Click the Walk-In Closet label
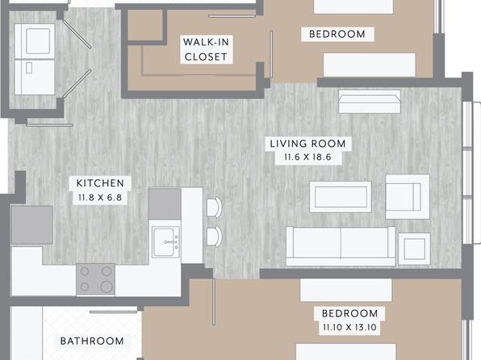coord(206,49)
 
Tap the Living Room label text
coord(307,144)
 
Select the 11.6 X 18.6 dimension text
coord(307,157)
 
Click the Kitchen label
coord(100,183)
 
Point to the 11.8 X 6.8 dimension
coord(100,197)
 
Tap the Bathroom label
coord(92,341)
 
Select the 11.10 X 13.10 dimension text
coord(349,327)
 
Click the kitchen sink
coord(166,242)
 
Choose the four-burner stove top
coord(96,279)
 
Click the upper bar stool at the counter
coord(214,207)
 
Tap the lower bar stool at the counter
coord(214,236)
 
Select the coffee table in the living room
coord(341,197)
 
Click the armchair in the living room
coord(408,197)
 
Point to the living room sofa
coord(341,246)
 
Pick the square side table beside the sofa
coord(415,249)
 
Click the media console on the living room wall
coord(370,102)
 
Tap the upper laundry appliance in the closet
coord(35,41)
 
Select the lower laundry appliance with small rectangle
coord(35,77)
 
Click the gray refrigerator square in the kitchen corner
coord(32,225)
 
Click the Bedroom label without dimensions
coord(337,34)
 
